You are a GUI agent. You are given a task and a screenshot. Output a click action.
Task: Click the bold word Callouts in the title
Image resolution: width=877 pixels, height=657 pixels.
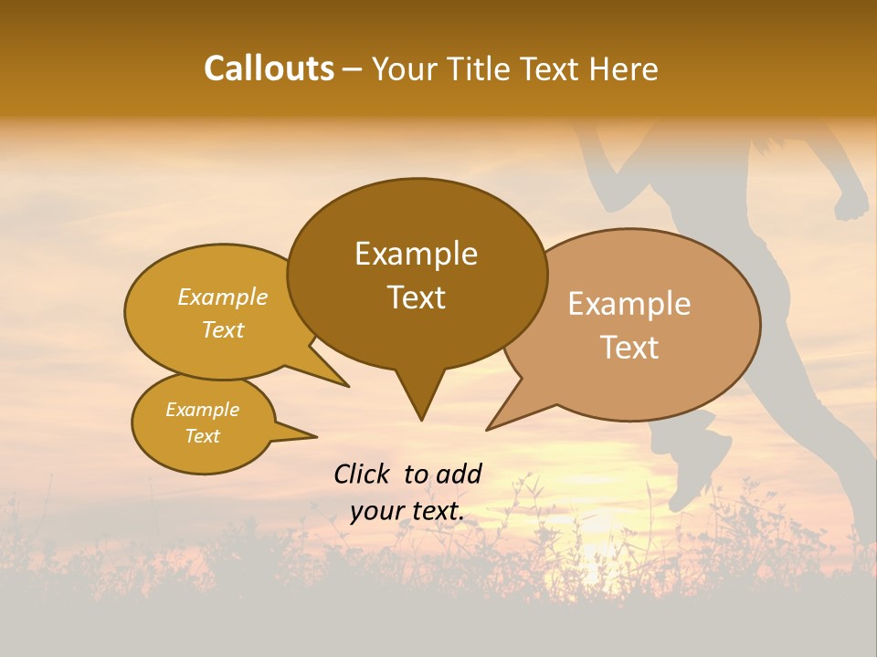(x=269, y=68)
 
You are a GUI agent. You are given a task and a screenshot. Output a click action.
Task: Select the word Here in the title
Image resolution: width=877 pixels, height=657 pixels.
(x=624, y=69)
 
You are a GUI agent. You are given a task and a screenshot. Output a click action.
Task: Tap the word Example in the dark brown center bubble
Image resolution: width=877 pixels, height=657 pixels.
(x=416, y=254)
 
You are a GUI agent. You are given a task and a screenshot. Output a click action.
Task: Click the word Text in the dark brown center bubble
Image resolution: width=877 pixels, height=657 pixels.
(x=416, y=297)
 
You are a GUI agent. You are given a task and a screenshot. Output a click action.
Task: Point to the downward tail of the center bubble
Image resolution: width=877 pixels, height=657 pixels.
(x=420, y=401)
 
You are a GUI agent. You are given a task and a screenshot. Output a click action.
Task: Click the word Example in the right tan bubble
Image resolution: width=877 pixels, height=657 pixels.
(x=629, y=304)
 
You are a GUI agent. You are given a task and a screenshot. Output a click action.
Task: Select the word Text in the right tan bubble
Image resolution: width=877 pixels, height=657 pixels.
(x=630, y=348)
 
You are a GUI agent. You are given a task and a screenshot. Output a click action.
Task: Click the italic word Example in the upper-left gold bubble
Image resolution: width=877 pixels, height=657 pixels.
(x=222, y=297)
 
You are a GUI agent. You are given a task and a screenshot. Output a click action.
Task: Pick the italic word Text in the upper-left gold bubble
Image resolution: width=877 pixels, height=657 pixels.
(x=222, y=329)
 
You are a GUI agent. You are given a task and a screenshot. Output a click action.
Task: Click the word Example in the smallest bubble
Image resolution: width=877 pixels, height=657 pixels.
(x=202, y=410)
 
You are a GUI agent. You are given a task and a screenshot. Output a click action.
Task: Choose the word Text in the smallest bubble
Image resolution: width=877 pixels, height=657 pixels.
(x=202, y=436)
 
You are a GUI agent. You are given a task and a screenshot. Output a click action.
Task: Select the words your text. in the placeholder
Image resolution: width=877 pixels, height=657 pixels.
(x=407, y=511)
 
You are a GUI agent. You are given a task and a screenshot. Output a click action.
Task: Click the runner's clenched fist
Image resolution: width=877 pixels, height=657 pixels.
(x=852, y=203)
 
